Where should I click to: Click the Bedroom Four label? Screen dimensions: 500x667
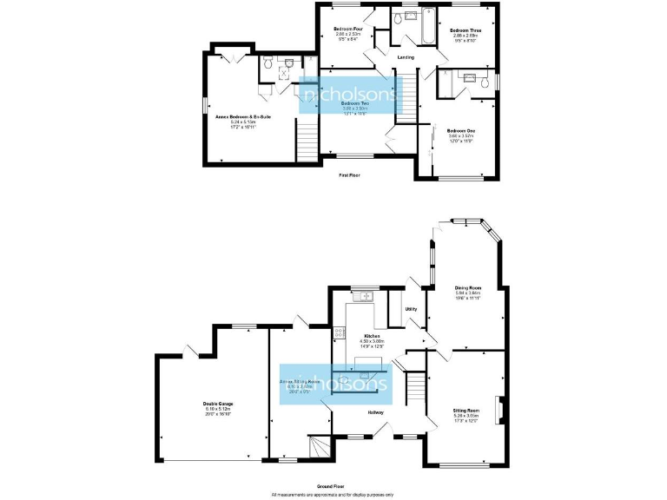click(347, 30)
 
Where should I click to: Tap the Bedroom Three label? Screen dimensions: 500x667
click(462, 30)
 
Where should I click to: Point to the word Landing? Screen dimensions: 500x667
click(405, 58)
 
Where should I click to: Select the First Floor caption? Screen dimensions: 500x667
click(349, 175)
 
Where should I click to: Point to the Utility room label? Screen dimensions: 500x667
click(412, 308)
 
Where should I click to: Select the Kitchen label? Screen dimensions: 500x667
click(372, 335)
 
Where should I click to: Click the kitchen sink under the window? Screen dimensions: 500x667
click(362, 297)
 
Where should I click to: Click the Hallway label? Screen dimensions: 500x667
click(376, 412)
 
